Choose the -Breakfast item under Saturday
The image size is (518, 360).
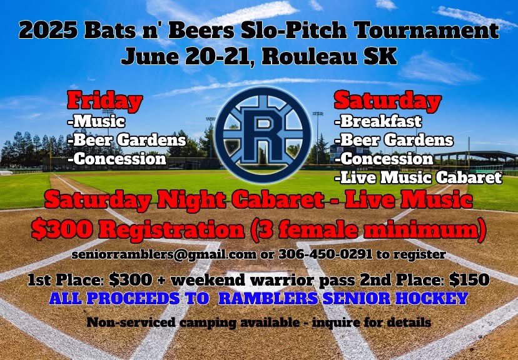pyautogui.click(x=378, y=121)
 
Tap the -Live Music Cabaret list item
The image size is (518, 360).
pyautogui.click(x=418, y=178)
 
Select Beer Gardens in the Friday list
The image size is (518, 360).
pyautogui.click(x=129, y=140)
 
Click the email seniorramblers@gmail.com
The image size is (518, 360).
pyautogui.click(x=145, y=255)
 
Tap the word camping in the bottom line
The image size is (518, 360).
pyautogui.click(x=203, y=323)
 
